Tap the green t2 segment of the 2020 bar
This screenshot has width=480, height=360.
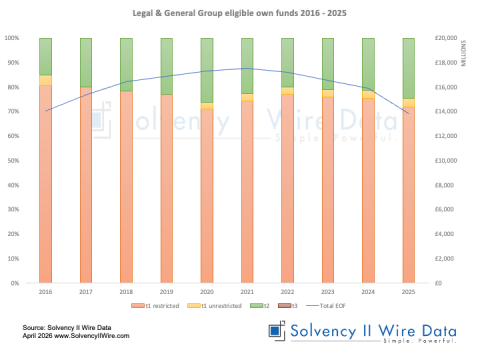pos(207,70)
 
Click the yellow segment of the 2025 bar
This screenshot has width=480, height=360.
pos(408,102)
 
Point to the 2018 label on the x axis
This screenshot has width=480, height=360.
pos(126,291)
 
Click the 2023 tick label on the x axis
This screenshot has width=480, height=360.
pos(327,291)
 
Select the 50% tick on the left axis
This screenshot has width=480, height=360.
pos(13,161)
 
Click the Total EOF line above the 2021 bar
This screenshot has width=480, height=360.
pos(247,68)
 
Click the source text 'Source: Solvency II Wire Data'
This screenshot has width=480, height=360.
pos(62,327)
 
